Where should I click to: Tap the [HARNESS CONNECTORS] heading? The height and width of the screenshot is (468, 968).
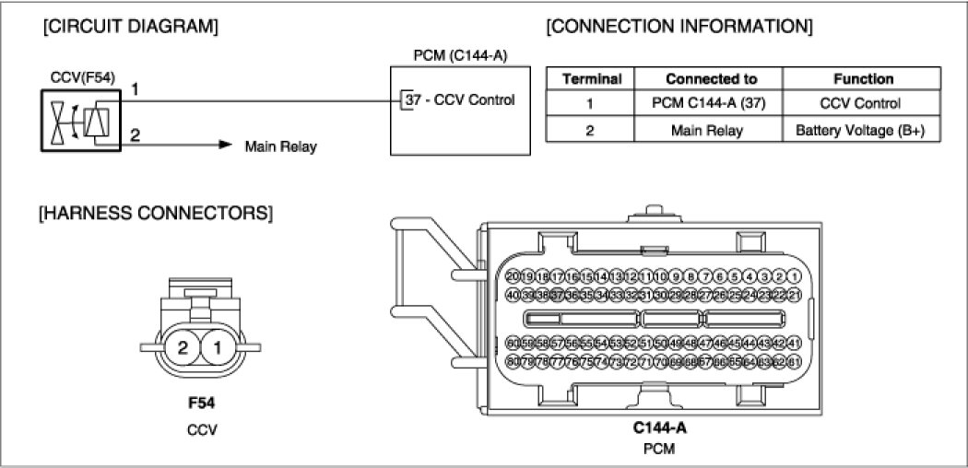155,214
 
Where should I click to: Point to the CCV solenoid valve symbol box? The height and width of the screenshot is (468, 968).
79,120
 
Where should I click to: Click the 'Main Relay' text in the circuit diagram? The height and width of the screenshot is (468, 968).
280,146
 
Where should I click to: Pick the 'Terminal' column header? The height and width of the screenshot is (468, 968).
591,79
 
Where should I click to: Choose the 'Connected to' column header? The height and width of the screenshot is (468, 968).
711,79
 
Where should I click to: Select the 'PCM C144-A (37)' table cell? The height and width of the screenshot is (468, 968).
711,104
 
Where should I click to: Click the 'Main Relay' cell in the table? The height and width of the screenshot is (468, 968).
711,130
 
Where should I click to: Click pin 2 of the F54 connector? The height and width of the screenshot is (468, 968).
183,348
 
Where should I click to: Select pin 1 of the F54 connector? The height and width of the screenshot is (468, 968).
218,348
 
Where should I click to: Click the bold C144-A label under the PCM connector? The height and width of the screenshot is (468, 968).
659,427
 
